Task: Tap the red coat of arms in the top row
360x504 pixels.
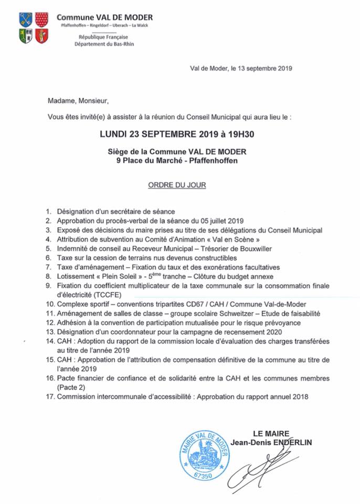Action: click(41, 20)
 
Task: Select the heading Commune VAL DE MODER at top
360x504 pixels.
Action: click(104, 17)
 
